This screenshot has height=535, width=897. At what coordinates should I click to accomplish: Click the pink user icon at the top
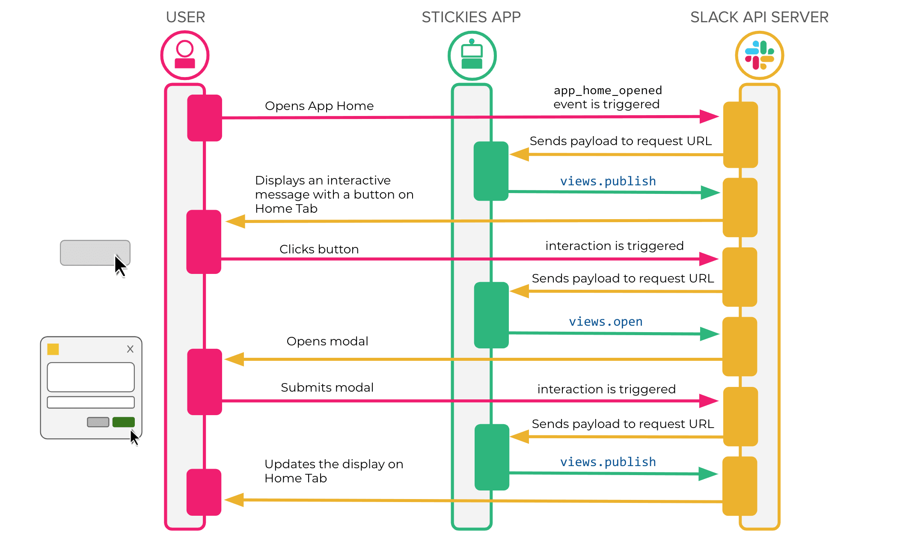point(185,55)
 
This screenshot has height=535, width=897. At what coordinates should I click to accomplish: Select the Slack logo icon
point(759,55)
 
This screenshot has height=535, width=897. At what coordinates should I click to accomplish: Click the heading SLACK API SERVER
point(759,17)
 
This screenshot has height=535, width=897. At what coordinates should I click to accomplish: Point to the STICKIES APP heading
point(471,17)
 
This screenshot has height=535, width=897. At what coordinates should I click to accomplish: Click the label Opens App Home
point(319,106)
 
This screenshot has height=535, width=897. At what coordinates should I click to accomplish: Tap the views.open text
point(606,321)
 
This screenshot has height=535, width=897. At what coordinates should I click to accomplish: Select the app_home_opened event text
point(608,91)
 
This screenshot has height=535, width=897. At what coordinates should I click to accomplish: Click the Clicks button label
point(319,249)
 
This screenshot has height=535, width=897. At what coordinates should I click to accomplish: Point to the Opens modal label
point(327,341)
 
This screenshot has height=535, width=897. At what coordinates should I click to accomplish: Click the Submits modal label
point(327,387)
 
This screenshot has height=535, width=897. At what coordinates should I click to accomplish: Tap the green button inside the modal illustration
point(123,422)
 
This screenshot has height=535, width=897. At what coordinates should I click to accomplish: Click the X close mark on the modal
point(130,349)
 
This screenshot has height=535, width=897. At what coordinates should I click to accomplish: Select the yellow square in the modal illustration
point(53,349)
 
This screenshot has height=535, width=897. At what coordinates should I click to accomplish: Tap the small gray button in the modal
point(98,422)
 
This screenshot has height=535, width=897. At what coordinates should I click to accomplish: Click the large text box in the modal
point(91,377)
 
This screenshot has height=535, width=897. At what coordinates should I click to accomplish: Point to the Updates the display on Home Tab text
point(334,471)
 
